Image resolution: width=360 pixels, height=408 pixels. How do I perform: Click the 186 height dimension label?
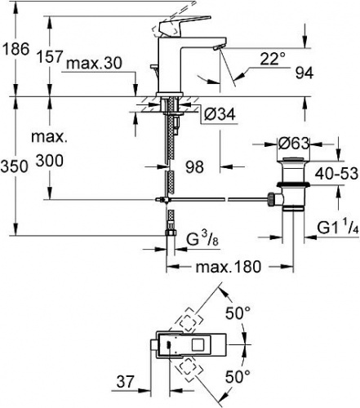(16, 50)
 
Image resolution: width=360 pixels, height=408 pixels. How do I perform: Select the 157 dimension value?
(50, 57)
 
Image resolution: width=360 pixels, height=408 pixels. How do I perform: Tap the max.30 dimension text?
(95, 64)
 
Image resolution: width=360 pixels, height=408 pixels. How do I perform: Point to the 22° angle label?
(273, 59)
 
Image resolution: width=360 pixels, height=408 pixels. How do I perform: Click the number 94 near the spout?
(304, 73)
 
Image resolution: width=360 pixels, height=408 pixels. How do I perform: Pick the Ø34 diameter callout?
(220, 114)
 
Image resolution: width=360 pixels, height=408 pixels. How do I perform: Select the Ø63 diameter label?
(294, 144)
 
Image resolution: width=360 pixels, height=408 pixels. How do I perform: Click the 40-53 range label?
(336, 173)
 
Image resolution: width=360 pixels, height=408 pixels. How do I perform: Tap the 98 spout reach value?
(194, 166)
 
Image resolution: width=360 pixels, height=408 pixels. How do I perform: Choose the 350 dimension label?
(15, 166)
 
